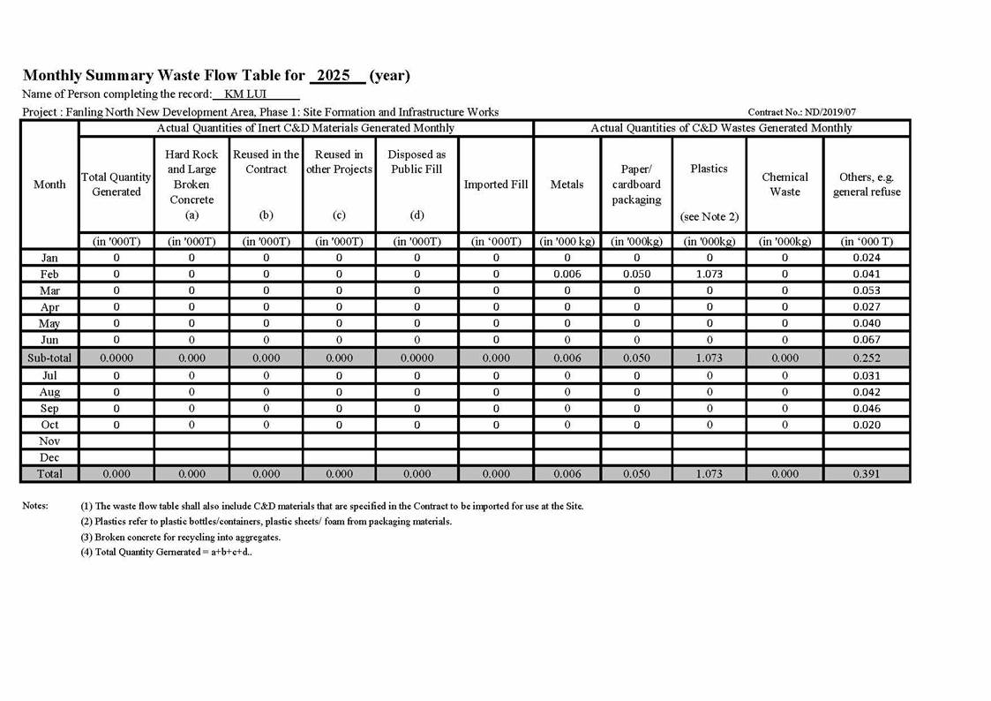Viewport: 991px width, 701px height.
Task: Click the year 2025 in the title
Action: click(334, 76)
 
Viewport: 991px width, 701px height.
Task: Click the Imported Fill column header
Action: click(496, 185)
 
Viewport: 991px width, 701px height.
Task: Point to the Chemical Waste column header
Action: click(785, 185)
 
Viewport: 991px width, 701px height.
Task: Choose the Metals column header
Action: click(567, 185)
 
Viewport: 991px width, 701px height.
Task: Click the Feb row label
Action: click(49, 275)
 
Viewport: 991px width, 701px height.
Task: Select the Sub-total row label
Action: click(49, 358)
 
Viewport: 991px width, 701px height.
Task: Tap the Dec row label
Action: click(49, 458)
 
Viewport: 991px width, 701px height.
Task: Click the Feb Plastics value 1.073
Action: click(709, 275)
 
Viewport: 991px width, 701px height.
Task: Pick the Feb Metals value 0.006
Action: click(567, 275)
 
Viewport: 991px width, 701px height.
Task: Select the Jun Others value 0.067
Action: click(867, 340)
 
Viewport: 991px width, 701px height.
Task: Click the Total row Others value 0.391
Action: click(867, 475)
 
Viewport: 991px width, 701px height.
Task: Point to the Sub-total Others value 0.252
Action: click(867, 358)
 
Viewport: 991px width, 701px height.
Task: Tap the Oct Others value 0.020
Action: click(867, 426)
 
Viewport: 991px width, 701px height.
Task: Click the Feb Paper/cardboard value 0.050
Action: click(636, 275)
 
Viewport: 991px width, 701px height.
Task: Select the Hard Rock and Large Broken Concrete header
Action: click(191, 185)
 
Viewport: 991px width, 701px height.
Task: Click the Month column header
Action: click(49, 185)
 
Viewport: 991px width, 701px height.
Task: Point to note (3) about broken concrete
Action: click(181, 537)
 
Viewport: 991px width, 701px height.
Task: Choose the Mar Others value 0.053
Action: click(867, 291)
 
